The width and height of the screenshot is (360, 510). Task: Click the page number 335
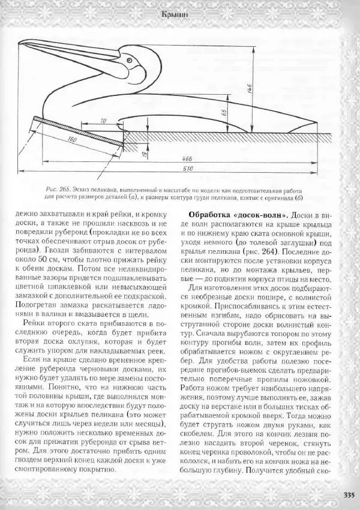coord(347,495)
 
